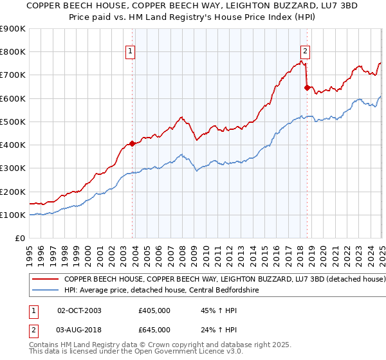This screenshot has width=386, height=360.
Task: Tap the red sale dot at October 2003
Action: tap(133, 143)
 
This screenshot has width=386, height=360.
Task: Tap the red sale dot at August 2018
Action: tap(307, 88)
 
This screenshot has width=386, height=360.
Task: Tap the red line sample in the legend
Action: tap(45, 280)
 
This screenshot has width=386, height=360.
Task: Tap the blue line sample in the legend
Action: tap(45, 291)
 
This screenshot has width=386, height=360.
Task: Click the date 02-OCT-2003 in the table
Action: tap(79, 310)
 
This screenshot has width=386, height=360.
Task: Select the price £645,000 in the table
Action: tap(154, 330)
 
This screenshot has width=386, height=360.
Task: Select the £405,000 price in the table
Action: tap(154, 310)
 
